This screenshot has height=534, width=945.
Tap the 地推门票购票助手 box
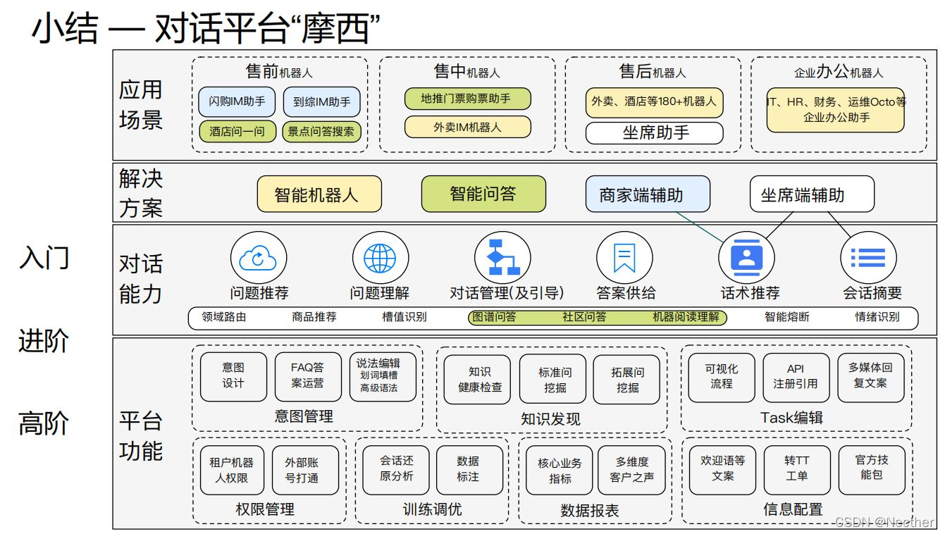pyautogui.click(x=467, y=99)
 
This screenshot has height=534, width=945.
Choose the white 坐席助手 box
pyautogui.click(x=655, y=132)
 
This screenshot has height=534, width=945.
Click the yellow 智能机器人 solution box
pyautogui.click(x=319, y=194)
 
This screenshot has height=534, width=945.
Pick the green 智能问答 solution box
pyautogui.click(x=483, y=194)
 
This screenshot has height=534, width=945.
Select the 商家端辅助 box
pyautogui.click(x=647, y=194)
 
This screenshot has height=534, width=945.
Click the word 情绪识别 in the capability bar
pyautogui.click(x=877, y=317)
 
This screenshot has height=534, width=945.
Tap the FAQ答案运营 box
pyautogui.click(x=307, y=375)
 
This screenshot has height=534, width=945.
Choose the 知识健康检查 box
pyautogui.click(x=476, y=379)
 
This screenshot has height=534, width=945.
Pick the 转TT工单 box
pyautogui.click(x=797, y=468)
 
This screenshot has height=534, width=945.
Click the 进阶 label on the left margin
pyautogui.click(x=43, y=341)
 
